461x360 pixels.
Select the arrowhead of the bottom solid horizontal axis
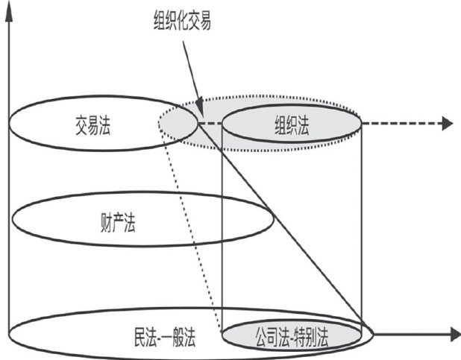click(x=452, y=333)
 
